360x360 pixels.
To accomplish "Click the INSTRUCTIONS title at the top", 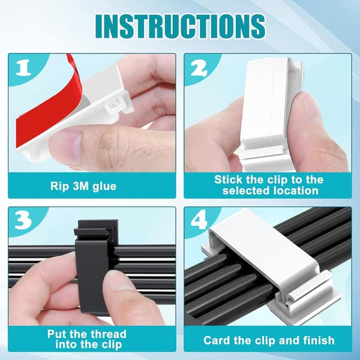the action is coord(180,26).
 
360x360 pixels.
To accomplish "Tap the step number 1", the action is coord(23,68).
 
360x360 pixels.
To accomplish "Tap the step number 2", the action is coord(199,68).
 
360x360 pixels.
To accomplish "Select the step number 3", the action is coord(23,221).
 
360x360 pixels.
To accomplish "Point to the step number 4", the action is coord(199,221).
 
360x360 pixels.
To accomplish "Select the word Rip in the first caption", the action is coord(59,187).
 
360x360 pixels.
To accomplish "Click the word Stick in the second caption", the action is coord(229,179).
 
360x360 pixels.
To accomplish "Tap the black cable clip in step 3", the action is coord(96,266).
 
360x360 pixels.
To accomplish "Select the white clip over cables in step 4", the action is coord(271,259).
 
